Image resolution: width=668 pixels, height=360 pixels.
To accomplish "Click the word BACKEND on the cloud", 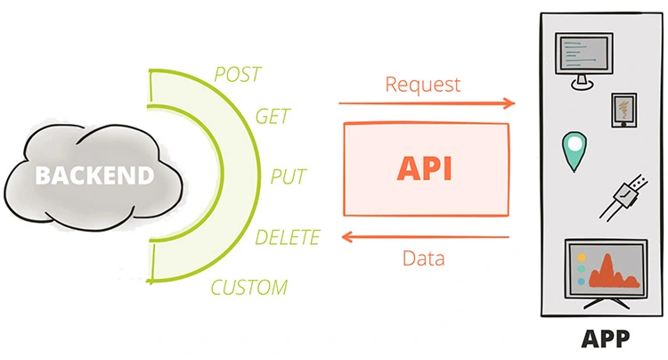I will [94, 176].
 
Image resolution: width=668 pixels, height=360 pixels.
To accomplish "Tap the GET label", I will [271, 117].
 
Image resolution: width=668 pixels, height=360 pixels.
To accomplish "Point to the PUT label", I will [289, 176].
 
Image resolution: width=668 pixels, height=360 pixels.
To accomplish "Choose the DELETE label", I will [287, 237].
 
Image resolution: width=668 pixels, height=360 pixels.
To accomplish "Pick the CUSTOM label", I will [249, 288].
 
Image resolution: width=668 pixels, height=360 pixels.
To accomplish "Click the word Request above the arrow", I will [423, 85].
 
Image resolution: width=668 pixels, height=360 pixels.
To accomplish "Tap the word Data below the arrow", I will [424, 259].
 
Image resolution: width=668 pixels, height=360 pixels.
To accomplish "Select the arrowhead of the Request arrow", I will [509, 103].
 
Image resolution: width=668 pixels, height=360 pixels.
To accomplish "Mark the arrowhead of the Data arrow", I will [345, 238].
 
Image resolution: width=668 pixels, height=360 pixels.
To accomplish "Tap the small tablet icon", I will [623, 110].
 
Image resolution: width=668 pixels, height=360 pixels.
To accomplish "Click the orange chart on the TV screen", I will [618, 271].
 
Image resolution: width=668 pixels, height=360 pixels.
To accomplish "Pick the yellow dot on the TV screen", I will [580, 255].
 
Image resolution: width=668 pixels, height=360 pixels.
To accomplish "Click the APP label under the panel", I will [605, 339].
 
